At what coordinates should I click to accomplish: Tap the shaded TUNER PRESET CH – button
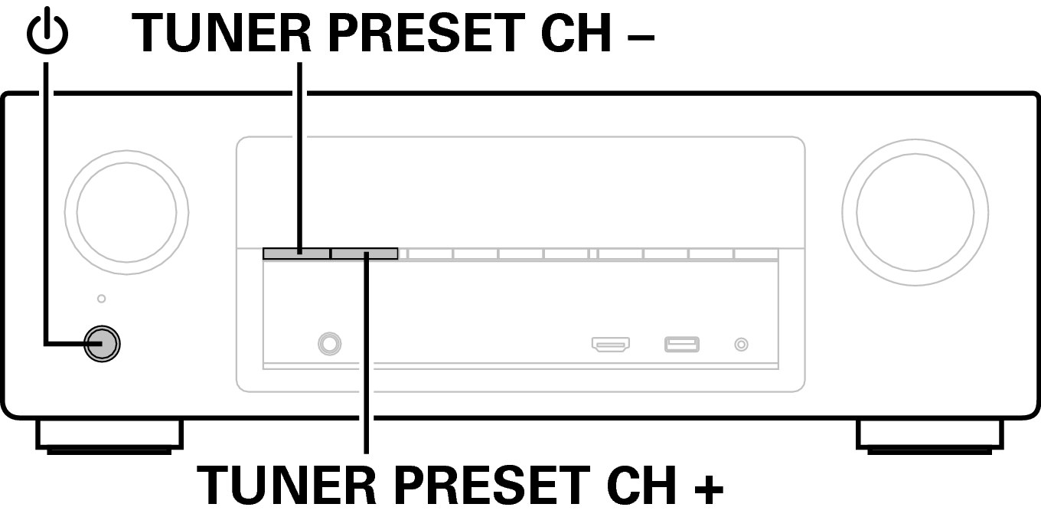[x=296, y=254]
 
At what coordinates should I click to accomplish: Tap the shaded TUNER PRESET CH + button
[x=364, y=254]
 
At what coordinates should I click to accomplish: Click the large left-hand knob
[x=126, y=212]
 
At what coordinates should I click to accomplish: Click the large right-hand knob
[x=915, y=212]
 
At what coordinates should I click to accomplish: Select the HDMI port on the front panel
[x=611, y=345]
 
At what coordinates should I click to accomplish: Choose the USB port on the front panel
[x=682, y=345]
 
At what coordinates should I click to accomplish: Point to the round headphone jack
[x=329, y=344]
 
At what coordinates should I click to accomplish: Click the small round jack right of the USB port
[x=741, y=345]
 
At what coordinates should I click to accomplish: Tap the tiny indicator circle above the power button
[x=101, y=299]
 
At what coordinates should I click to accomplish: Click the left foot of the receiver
[x=109, y=436]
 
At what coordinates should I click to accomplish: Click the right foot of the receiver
[x=929, y=436]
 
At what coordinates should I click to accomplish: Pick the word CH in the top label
[x=576, y=32]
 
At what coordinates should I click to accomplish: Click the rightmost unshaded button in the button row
[x=756, y=254]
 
